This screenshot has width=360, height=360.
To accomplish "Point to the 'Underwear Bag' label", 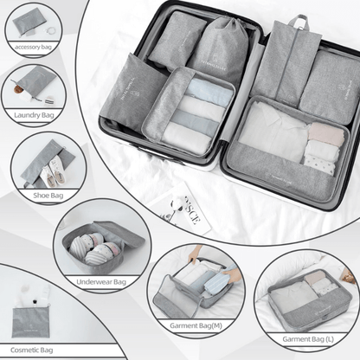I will pyautogui.click(x=100, y=282).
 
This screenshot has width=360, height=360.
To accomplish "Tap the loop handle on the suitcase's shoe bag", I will pyautogui.click(x=299, y=21).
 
